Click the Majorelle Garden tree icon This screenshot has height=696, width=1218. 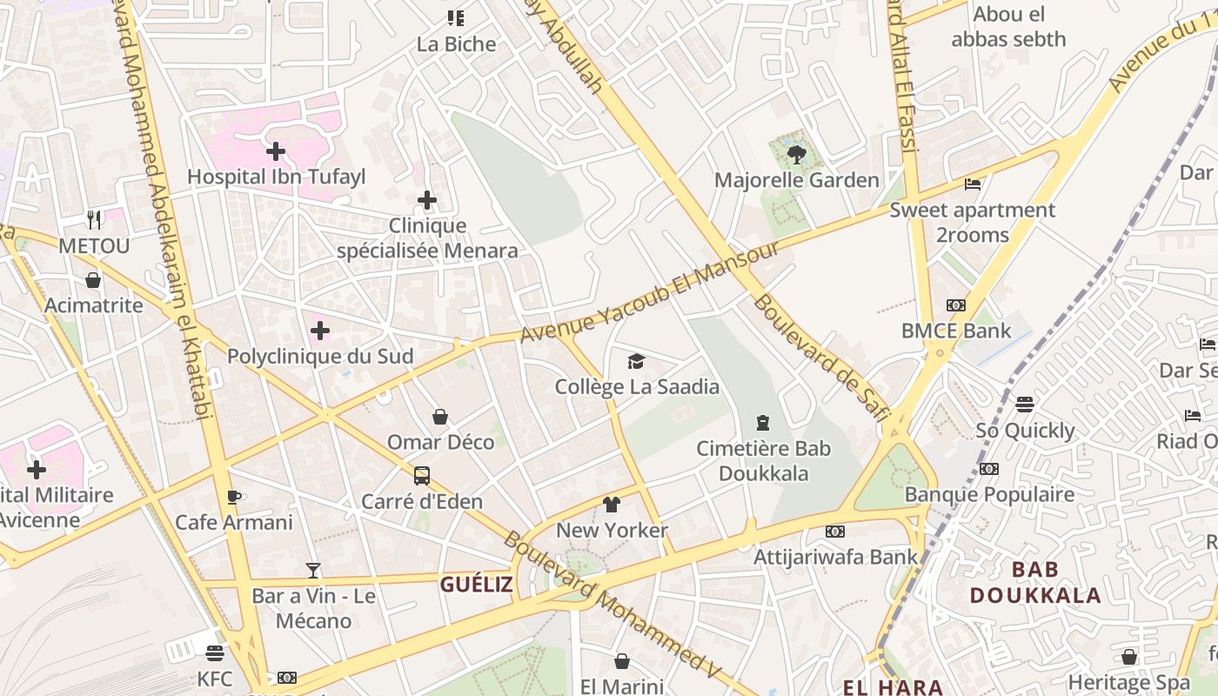[795, 155]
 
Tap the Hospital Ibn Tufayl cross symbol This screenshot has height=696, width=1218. [276, 151]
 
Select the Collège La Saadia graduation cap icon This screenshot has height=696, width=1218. [637, 361]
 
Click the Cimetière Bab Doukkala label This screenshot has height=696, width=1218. [763, 461]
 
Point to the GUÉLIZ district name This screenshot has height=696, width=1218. [476, 585]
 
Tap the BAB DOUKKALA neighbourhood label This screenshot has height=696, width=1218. [1035, 583]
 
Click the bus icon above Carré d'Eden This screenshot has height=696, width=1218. [422, 476]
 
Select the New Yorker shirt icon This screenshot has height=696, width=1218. [612, 505]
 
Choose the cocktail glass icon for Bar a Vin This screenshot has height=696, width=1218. [313, 571]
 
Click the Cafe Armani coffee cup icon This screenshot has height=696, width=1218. [233, 497]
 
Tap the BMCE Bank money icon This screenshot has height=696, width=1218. [956, 305]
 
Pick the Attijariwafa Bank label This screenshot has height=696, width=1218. [835, 557]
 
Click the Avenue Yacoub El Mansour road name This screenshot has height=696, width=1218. [650, 291]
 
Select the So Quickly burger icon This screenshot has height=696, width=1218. [1025, 405]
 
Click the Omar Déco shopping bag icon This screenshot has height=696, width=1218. [440, 417]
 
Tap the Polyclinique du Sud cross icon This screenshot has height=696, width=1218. [320, 331]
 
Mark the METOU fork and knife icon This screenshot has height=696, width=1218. [94, 220]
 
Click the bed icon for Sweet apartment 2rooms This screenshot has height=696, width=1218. [973, 184]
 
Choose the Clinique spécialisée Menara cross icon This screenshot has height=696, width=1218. [427, 200]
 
